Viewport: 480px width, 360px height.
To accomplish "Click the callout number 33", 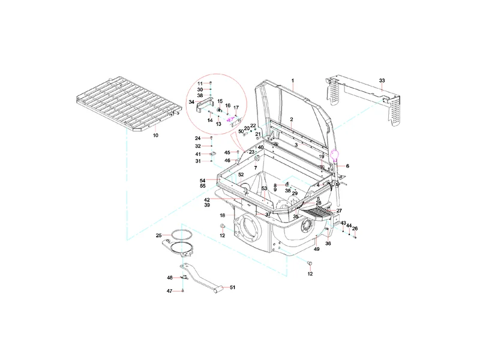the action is [382, 80].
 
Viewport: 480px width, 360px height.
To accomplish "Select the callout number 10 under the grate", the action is [155, 136].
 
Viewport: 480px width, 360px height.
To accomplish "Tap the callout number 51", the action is [233, 287].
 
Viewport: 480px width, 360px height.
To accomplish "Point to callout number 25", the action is [158, 235].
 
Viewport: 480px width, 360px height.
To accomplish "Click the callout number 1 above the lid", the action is [293, 81].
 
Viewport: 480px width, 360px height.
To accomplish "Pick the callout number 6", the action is [348, 166].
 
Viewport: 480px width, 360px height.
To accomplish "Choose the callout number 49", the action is [317, 249].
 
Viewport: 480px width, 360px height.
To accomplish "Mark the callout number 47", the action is [169, 291].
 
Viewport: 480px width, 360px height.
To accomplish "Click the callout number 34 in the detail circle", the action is [191, 102].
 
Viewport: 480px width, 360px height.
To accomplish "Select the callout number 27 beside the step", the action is [339, 211].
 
